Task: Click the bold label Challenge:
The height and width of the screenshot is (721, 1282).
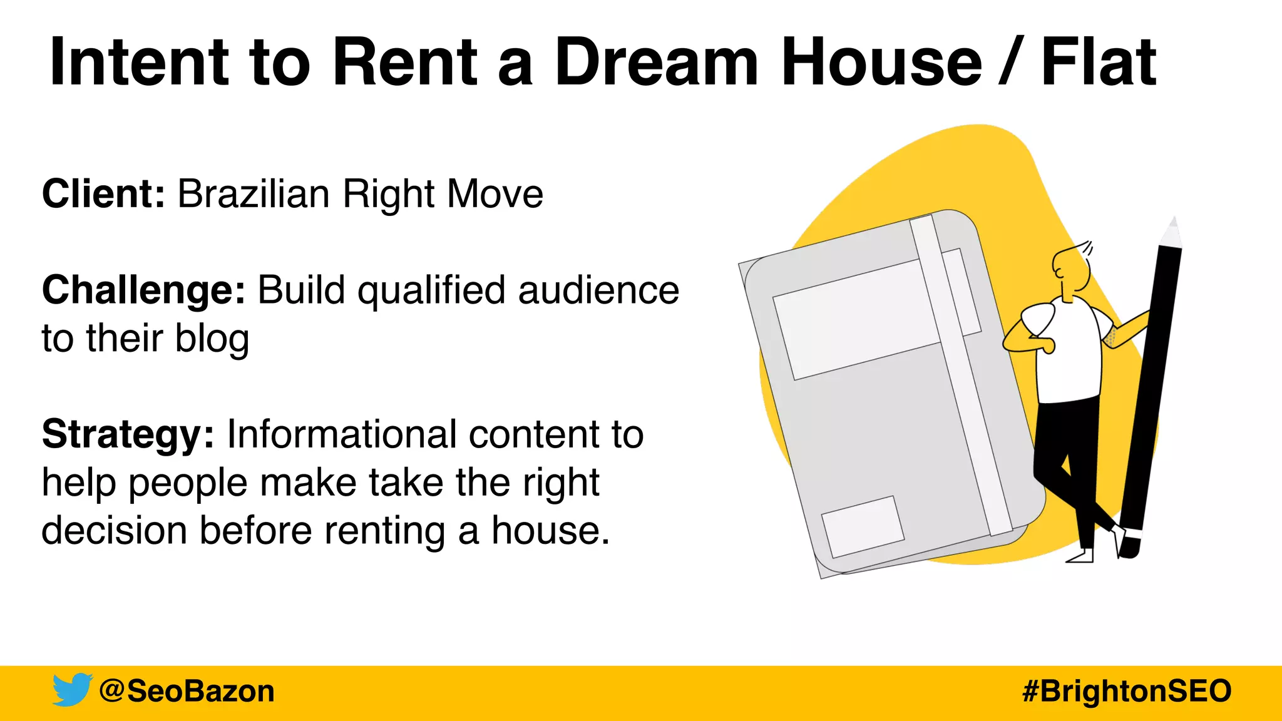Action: (x=143, y=290)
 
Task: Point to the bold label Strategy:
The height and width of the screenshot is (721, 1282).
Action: (x=128, y=434)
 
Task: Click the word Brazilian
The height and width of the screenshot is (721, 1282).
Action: (x=254, y=193)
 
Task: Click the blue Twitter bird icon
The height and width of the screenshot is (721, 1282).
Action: (x=72, y=690)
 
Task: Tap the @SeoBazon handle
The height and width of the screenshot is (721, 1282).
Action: (x=187, y=691)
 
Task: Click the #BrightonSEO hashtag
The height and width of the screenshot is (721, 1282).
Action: (x=1127, y=691)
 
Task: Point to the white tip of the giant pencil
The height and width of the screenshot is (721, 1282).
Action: (x=1171, y=233)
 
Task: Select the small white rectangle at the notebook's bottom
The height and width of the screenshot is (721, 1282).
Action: (x=862, y=526)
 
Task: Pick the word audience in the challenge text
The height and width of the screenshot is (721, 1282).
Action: (x=598, y=290)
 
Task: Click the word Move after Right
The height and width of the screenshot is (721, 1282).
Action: (x=495, y=193)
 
